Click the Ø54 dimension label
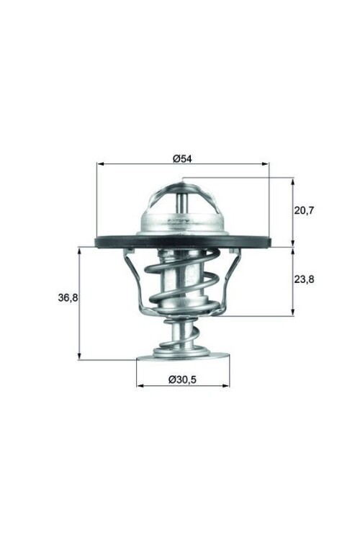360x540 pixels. tap(182, 158)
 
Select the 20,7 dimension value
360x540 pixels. tap(305, 210)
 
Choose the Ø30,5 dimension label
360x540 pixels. tap(183, 379)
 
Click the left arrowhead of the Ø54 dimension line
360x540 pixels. tap(99, 164)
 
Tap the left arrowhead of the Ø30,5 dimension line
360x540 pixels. tap(140, 385)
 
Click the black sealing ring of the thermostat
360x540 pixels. tap(108, 242)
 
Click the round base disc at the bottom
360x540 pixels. tap(182, 354)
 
